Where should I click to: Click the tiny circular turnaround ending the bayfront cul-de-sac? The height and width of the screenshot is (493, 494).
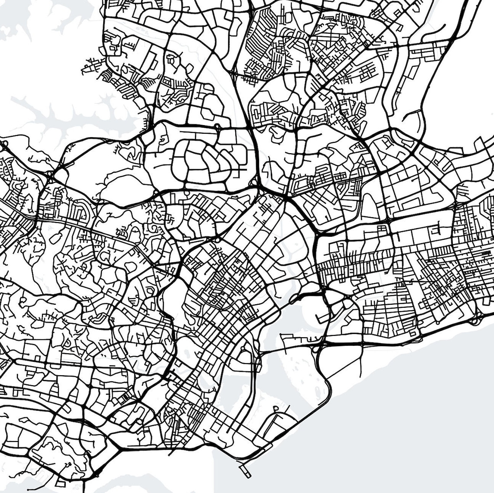[276, 408]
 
